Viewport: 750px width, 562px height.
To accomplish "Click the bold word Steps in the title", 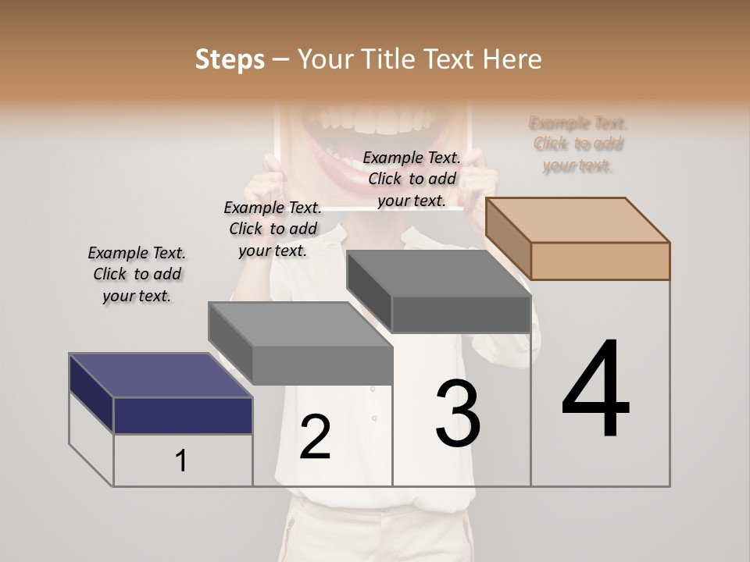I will point(230,59).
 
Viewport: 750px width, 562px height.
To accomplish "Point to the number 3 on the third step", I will point(457,413).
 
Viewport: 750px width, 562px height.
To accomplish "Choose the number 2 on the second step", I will point(315,436).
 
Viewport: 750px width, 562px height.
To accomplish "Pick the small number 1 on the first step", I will point(180,461).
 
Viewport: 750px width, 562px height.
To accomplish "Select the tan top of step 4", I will point(578,219).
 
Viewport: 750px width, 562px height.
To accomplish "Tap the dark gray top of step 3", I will point(437,273).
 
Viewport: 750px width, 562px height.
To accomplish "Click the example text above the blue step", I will point(137,274).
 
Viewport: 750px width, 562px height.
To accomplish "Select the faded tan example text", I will point(578,144).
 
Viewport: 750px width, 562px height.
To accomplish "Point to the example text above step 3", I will point(412,179).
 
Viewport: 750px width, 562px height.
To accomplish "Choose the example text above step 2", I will point(273,229).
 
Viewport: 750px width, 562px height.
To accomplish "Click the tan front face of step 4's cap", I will point(600,261).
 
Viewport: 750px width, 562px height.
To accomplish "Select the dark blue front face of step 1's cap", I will point(183,415).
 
